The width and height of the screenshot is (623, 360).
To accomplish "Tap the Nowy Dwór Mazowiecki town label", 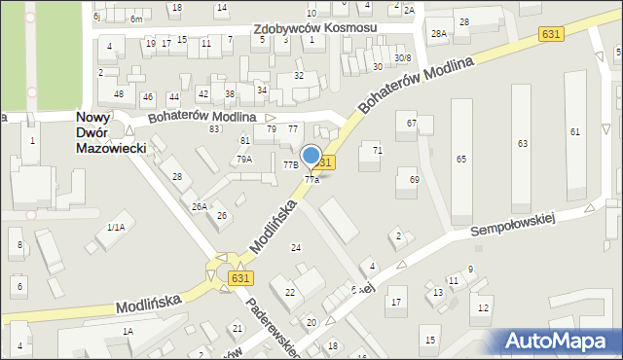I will (110, 132).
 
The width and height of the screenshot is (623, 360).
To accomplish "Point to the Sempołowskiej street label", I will (512, 224).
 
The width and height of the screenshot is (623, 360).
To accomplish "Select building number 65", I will (461, 159).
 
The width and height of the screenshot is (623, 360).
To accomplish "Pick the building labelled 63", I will (523, 143).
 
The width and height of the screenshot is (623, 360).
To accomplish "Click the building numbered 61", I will (575, 131).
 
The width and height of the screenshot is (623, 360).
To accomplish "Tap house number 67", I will (412, 124).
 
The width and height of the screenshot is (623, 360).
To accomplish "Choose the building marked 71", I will (378, 150).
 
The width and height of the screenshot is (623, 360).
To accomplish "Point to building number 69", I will (414, 180).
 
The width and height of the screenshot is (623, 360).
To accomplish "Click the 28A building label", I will (439, 34).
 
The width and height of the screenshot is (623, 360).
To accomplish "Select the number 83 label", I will (213, 128).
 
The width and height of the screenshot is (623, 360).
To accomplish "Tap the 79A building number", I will (244, 159).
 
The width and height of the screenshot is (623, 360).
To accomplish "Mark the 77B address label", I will (290, 165).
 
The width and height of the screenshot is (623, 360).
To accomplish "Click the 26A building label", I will (199, 206).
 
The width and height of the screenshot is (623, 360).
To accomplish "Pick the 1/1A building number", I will (116, 227).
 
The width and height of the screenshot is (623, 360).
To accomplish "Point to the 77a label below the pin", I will (311, 180).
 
